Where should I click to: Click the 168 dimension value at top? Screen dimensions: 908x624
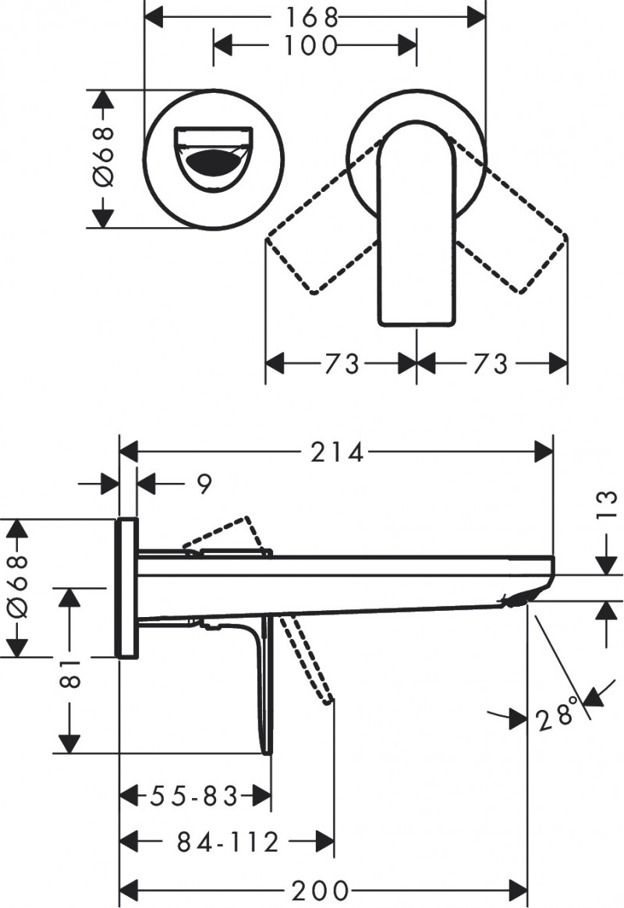tap(315, 15)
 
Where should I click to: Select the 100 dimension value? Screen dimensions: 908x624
tap(310, 44)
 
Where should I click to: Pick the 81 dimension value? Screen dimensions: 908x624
tap(69, 669)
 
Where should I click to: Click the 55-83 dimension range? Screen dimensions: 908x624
tap(193, 797)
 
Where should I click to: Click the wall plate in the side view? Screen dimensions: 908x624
tap(128, 587)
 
